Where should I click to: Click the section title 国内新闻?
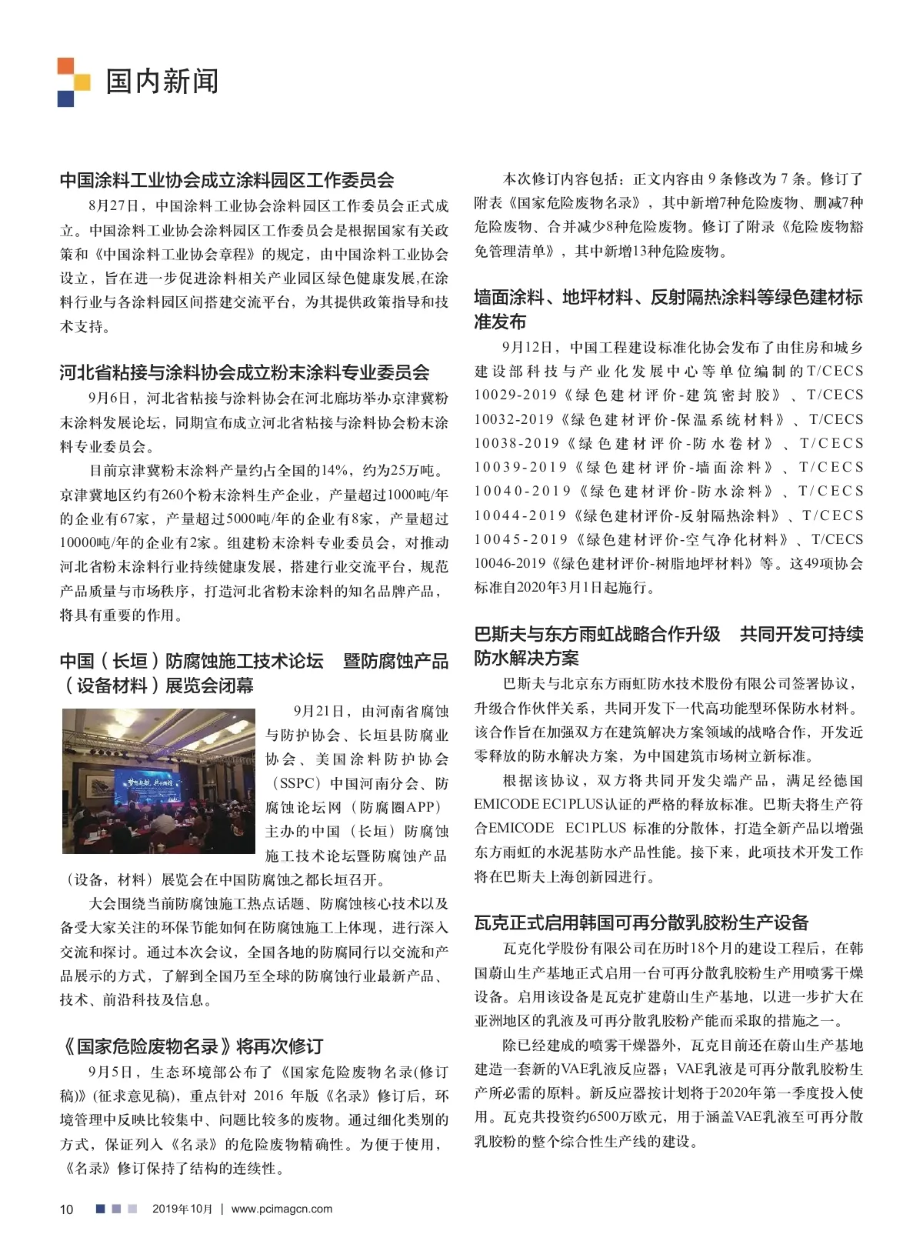point(162,81)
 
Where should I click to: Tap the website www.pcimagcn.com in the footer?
point(282,1209)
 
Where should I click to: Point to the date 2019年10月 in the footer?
point(182,1209)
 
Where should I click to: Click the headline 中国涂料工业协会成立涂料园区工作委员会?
point(227,180)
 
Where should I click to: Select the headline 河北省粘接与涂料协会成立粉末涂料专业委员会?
point(245,372)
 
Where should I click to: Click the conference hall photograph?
point(158,781)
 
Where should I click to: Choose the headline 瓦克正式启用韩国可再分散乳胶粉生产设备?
point(641,922)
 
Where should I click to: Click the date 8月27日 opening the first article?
point(114,205)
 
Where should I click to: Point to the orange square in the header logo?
point(65,65)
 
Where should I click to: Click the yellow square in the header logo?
point(82,82)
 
